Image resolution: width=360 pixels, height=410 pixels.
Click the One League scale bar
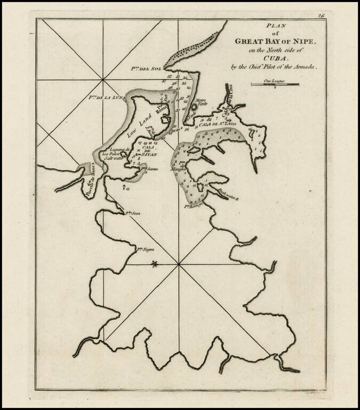pos(275,85)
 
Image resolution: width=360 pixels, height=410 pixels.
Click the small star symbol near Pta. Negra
pos(155,263)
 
